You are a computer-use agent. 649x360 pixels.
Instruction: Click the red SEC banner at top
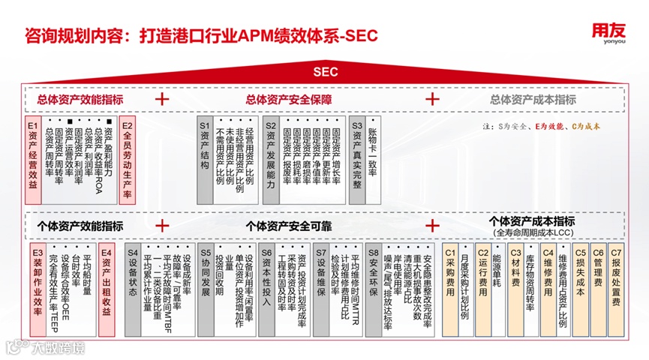click(324, 72)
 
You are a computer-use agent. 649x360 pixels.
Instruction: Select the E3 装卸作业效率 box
click(38, 289)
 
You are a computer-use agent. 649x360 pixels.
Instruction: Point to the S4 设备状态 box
click(133, 289)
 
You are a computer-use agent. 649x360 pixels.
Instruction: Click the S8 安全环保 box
click(373, 289)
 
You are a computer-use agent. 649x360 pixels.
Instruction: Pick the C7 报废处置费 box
click(616, 289)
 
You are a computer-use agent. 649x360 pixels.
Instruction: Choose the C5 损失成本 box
click(579, 289)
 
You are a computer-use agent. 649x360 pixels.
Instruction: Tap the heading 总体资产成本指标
click(533, 99)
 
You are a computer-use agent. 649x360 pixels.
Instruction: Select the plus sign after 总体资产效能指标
click(162, 99)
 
